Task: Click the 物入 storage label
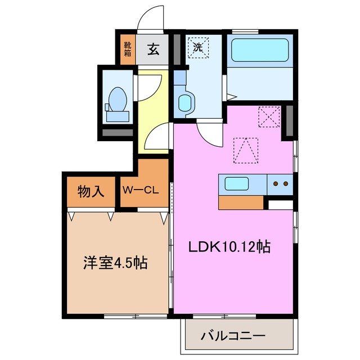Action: (91, 191)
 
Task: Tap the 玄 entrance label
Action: (152, 49)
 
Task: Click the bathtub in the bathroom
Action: (260, 51)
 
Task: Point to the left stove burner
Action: (276, 183)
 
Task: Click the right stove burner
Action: (285, 183)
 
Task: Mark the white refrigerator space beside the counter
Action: (280, 205)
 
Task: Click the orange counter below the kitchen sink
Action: (241, 202)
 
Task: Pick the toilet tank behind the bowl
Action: (117, 116)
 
